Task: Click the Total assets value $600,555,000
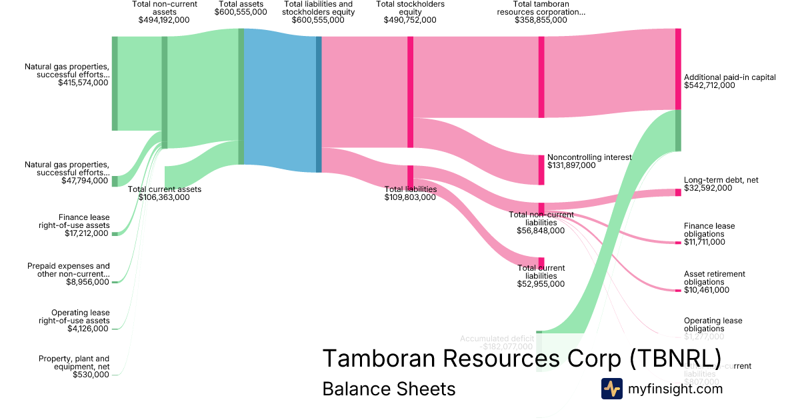[241, 20]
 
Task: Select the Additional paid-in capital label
[729, 77]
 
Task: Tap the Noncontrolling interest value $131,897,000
[571, 165]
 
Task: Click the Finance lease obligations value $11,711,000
[705, 242]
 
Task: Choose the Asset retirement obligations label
[714, 278]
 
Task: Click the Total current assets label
[164, 189]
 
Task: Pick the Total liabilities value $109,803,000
[411, 197]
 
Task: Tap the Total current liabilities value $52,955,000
[541, 284]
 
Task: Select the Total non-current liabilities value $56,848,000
[541, 231]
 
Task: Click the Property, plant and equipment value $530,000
[91, 375]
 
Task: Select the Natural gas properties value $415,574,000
[83, 83]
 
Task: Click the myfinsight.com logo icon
[611, 389]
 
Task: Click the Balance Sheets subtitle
[389, 389]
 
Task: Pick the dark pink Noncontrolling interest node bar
[541, 170]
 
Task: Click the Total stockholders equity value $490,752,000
[410, 20]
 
